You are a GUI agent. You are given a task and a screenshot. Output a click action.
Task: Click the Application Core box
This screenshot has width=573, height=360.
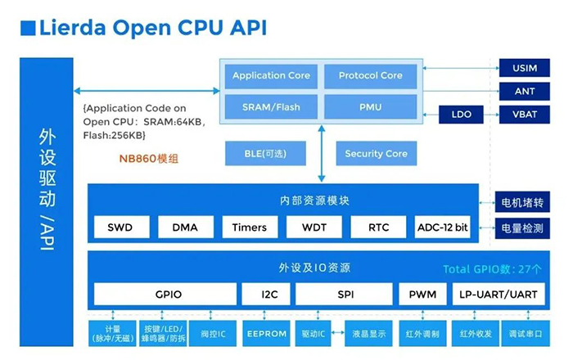[271, 75]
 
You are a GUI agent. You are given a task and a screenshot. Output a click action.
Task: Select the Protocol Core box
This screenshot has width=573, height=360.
[371, 75]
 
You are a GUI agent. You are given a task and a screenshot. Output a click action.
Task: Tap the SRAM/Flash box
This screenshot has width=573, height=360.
[271, 106]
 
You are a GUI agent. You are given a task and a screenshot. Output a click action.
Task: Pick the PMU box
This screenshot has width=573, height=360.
[371, 106]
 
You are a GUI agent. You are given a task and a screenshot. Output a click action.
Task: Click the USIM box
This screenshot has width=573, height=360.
[524, 70]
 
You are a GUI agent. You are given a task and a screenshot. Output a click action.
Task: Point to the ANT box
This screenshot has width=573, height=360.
[524, 92]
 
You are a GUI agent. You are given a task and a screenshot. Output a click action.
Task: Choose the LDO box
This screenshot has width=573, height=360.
[462, 114]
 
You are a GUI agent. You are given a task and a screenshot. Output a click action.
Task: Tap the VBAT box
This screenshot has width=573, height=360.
[524, 114]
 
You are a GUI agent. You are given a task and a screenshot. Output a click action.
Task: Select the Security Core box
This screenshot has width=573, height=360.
[376, 153]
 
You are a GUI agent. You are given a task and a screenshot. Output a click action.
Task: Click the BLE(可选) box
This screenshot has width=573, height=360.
[266, 153]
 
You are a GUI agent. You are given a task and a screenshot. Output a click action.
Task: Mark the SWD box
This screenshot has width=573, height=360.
[121, 227]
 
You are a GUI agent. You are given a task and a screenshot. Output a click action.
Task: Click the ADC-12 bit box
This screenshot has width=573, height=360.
[443, 227]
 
